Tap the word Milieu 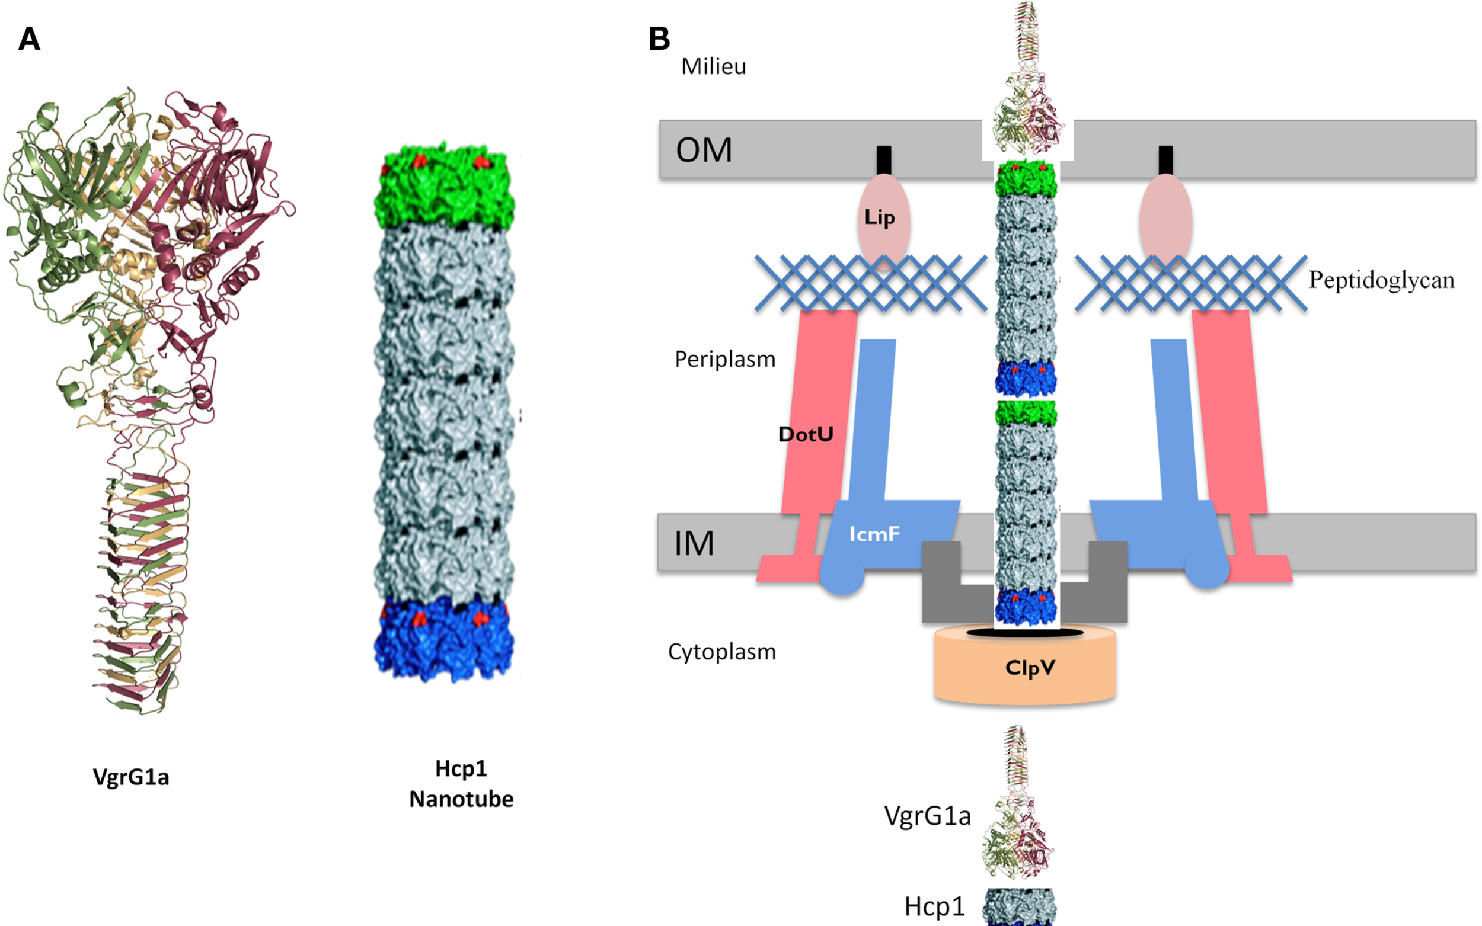[x=713, y=66]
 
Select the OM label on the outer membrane [x=703, y=150]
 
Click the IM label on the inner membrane [x=694, y=543]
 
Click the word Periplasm [x=724, y=359]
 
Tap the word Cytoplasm [x=721, y=652]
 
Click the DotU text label [x=805, y=434]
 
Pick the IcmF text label [x=874, y=534]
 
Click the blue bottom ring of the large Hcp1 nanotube [x=444, y=640]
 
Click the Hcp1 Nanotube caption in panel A [x=461, y=783]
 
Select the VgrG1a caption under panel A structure [x=130, y=777]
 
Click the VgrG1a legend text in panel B [x=927, y=816]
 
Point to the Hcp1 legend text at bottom [x=934, y=906]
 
